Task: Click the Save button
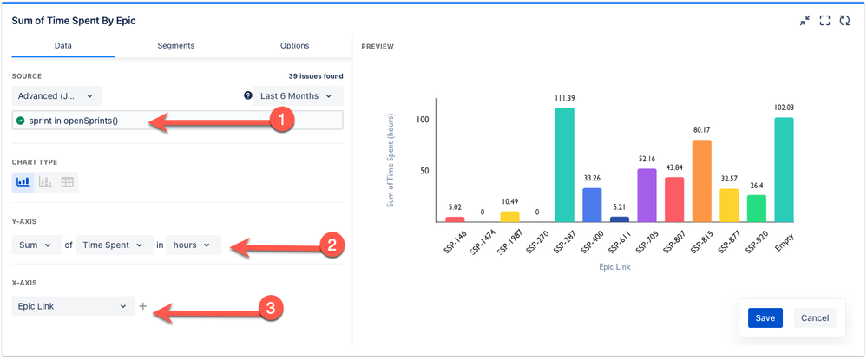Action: (765, 317)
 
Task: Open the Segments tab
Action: (175, 46)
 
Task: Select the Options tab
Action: (294, 46)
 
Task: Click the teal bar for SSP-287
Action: (564, 165)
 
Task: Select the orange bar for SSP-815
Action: (702, 180)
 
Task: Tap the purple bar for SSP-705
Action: (647, 195)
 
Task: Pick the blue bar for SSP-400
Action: (592, 205)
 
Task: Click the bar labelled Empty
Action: (784, 170)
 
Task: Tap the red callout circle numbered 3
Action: (272, 307)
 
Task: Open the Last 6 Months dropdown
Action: (294, 95)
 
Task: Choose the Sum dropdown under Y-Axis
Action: (36, 245)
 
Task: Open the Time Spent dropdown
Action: (114, 245)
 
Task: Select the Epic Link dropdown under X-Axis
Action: (74, 306)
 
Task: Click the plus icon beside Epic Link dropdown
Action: (143, 306)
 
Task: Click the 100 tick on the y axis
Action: (424, 119)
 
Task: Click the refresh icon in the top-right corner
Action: (844, 20)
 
